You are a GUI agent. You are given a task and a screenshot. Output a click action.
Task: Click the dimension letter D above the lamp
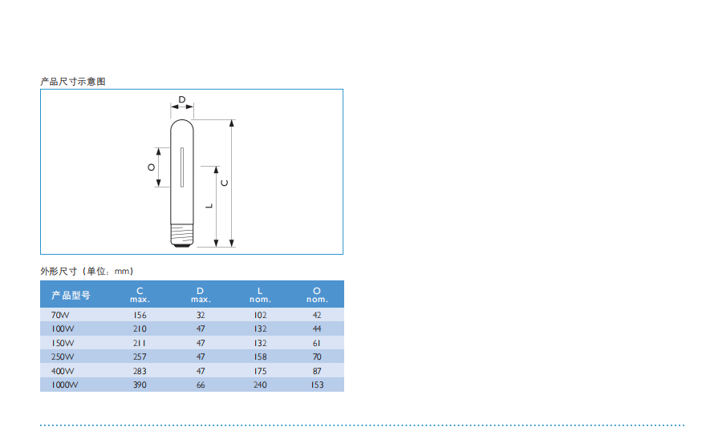click(x=182, y=99)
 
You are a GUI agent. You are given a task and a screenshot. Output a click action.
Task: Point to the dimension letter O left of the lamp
click(x=152, y=167)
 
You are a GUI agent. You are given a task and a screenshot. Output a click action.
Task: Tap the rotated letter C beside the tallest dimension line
click(x=225, y=183)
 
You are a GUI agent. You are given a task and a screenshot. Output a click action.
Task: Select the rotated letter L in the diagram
click(x=209, y=206)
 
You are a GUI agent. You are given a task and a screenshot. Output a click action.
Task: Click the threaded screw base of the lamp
click(x=182, y=235)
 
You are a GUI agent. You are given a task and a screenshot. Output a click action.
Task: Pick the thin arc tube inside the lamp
click(x=182, y=167)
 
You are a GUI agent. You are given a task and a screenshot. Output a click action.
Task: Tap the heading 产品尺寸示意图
click(x=73, y=82)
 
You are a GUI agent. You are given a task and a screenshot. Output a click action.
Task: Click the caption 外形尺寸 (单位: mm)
click(x=87, y=271)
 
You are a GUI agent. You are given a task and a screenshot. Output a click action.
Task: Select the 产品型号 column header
click(x=71, y=295)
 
